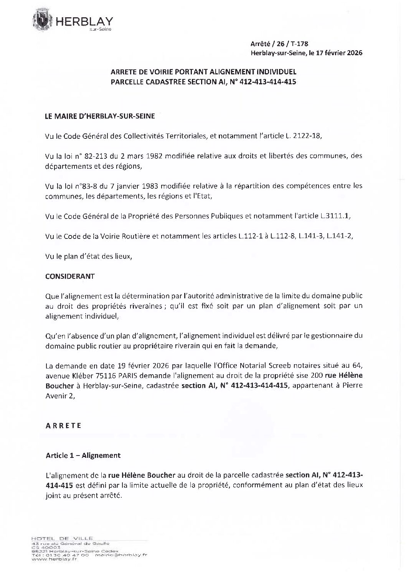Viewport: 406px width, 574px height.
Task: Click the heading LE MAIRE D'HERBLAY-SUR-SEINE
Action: pos(100,116)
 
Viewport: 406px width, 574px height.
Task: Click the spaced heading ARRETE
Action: pos(63,426)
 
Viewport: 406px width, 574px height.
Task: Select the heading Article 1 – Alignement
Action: pos(83,456)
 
